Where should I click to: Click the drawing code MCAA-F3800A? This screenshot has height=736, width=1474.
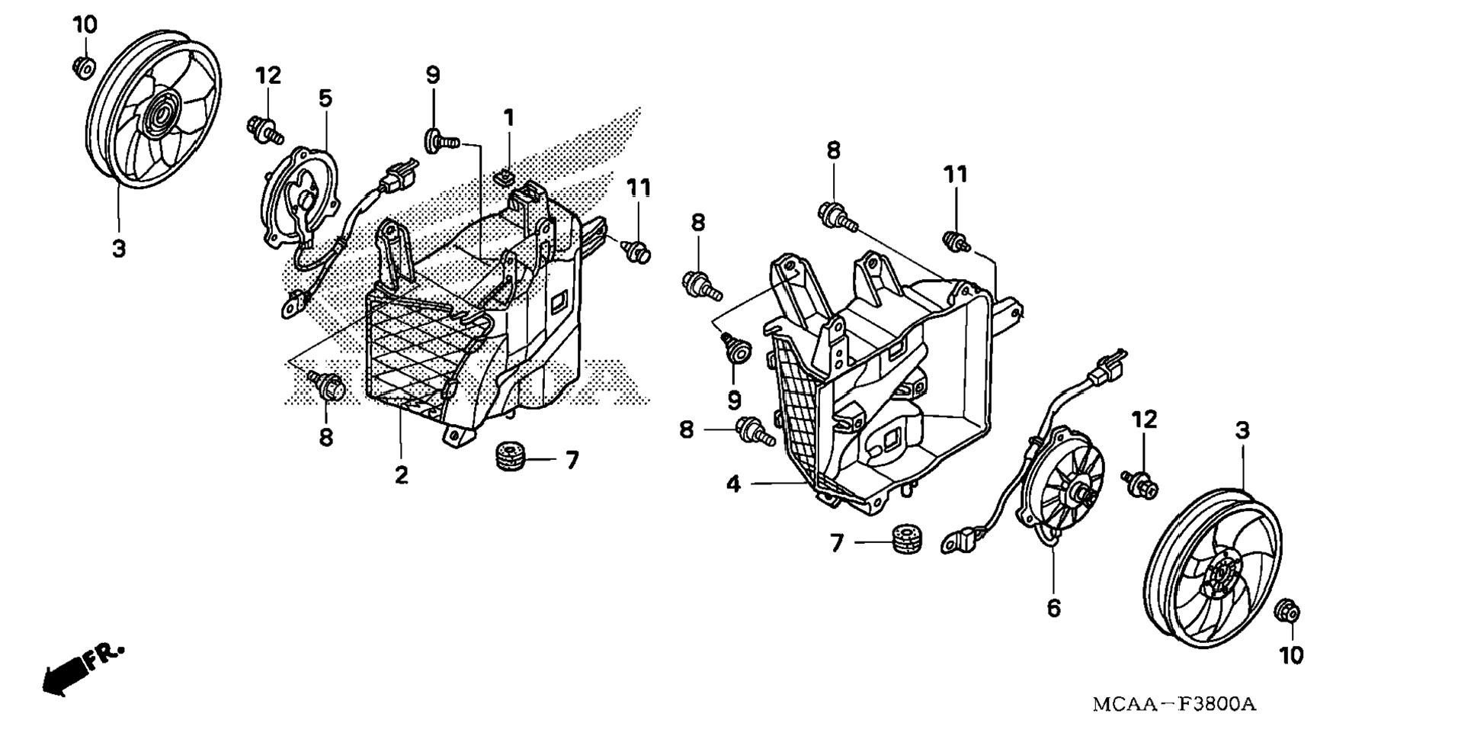(1174, 703)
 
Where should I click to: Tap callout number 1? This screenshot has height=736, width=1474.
(508, 118)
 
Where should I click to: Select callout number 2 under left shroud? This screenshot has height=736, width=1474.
(401, 474)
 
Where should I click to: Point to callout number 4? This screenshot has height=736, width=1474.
(734, 484)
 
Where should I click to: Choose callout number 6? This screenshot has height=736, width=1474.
(1053, 608)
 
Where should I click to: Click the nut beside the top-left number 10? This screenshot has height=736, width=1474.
(83, 66)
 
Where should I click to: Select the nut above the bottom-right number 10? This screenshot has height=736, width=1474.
(1287, 612)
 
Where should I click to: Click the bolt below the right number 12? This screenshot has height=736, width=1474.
(1141, 482)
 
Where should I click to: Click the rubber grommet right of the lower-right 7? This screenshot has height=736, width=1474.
(907, 537)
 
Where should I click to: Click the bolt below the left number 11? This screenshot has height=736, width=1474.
(637, 250)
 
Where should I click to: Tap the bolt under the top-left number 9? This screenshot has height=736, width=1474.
(441, 140)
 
